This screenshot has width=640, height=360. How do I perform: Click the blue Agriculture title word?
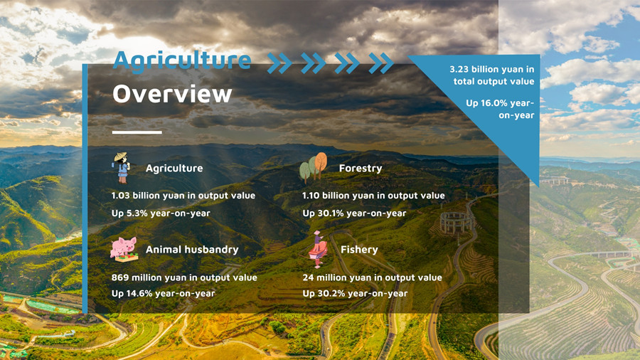pos(182,61)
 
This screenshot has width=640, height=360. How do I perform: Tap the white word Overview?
pos(172,94)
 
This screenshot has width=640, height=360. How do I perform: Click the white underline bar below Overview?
pos(137,132)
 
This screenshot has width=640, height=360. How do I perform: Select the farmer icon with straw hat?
pos(121,168)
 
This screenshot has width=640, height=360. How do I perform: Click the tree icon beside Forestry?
pos(314,167)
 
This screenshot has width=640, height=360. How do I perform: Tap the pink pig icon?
pos(124,250)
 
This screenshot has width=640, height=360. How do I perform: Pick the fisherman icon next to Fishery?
pos(318,249)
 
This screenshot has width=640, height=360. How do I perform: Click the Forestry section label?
pos(361,168)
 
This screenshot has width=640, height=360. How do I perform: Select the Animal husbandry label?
pos(192,250)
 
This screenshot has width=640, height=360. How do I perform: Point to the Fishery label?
pos(359,250)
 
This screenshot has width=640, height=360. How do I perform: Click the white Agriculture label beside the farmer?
pos(174,168)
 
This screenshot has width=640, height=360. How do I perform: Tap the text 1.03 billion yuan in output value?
pos(183,196)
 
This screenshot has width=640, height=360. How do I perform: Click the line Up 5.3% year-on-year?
pos(161,213)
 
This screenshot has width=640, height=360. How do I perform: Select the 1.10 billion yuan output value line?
pos(373,196)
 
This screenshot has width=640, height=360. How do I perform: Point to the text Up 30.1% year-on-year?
pos(354,213)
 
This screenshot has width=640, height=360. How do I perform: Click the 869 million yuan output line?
pos(184,277)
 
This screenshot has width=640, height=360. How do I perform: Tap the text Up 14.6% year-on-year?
pos(164,293)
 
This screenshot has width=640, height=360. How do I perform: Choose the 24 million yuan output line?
pos(372,277)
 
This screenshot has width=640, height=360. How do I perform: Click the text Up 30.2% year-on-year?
pos(355,293)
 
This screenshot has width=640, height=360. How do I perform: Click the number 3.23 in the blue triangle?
pos(459,70)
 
